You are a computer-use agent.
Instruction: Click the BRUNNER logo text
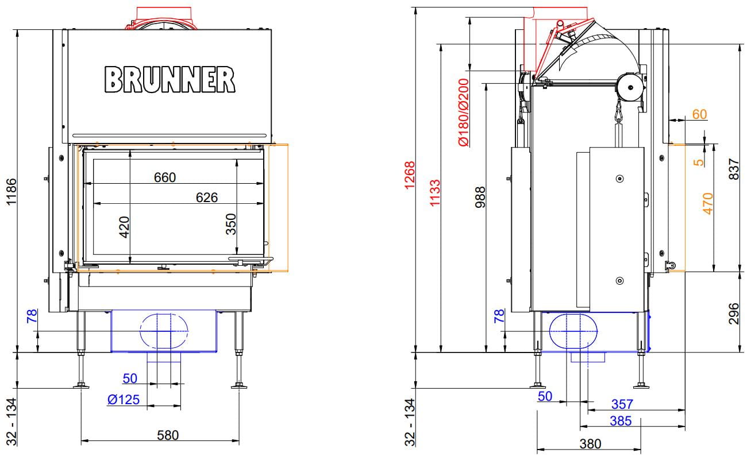pyautogui.click(x=170, y=79)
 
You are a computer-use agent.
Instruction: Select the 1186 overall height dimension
pyautogui.click(x=11, y=192)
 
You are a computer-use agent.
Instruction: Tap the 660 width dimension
pyautogui.click(x=165, y=177)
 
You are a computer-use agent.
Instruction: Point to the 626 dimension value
pyautogui.click(x=207, y=197)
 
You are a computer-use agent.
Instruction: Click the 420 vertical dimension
pyautogui.click(x=124, y=227)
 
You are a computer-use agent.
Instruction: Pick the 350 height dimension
pyautogui.click(x=231, y=224)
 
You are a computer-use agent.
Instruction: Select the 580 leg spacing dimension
pyautogui.click(x=168, y=435)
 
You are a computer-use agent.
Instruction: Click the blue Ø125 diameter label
pyautogui.click(x=124, y=400)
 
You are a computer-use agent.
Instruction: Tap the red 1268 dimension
pyautogui.click(x=410, y=175)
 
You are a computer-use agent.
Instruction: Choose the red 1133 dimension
pyautogui.click(x=435, y=193)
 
